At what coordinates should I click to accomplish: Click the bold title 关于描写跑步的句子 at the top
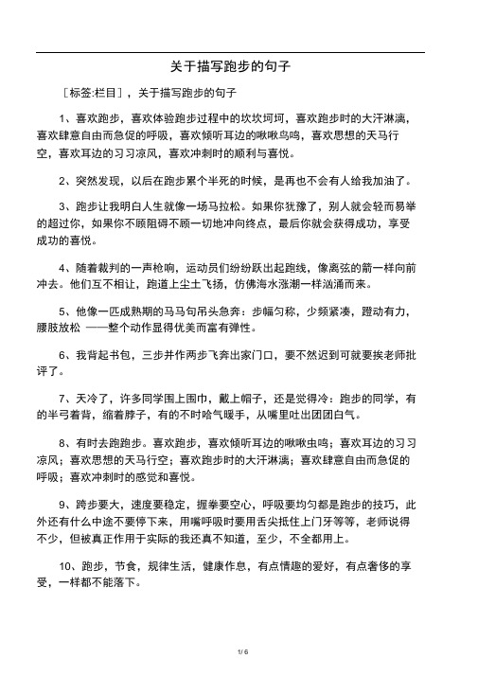coord(229,68)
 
